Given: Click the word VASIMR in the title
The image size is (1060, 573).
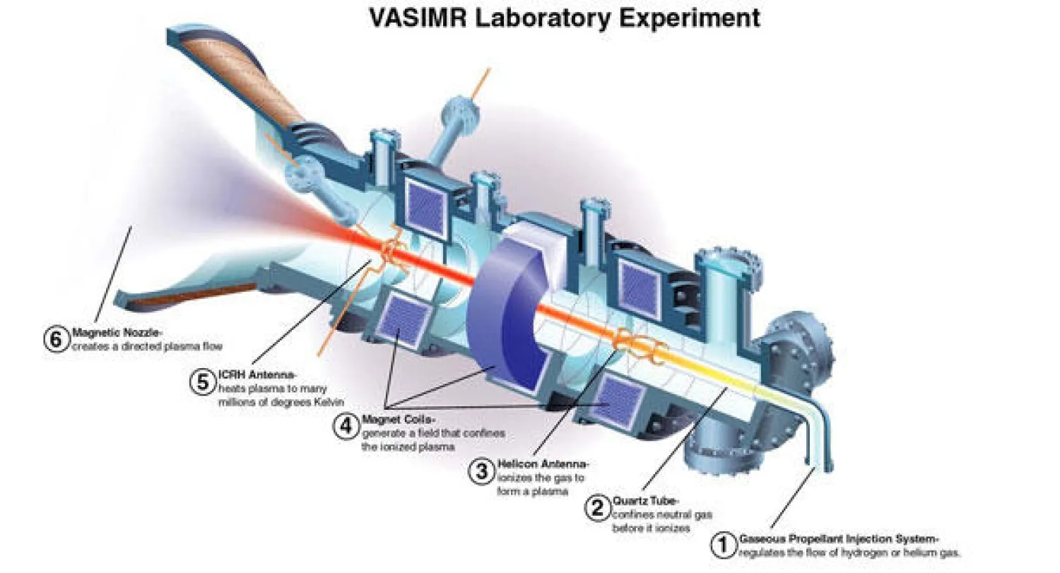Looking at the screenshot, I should click(x=420, y=18).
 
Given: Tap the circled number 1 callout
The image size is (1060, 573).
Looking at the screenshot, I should click(x=722, y=545).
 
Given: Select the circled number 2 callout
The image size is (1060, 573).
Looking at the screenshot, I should click(x=598, y=507).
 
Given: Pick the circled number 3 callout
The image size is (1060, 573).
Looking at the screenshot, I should click(x=482, y=471).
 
